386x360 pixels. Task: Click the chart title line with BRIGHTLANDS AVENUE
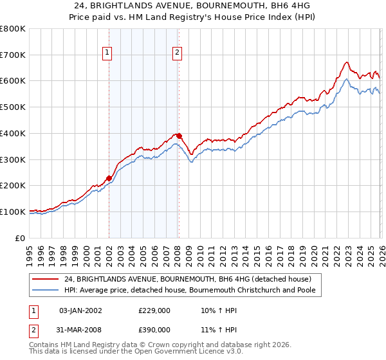click(192, 6)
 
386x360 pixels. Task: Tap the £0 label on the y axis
click(21, 238)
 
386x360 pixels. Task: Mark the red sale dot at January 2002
click(109, 178)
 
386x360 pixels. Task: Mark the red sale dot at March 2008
click(179, 136)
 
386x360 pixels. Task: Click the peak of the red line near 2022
click(346, 62)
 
